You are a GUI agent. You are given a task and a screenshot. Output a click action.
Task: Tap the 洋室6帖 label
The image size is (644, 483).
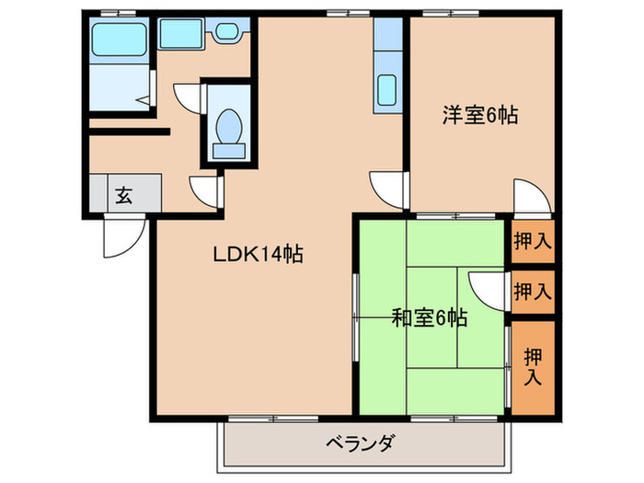(479, 116)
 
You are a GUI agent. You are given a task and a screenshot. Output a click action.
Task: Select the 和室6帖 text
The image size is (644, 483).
(430, 319)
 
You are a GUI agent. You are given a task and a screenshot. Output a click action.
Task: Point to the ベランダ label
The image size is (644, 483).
(361, 443)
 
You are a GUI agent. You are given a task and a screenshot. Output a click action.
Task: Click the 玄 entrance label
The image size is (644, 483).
(122, 194)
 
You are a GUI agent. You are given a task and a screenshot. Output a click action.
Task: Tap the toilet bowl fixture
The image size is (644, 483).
(227, 126)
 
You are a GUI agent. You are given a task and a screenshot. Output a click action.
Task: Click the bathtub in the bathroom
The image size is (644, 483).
(119, 41)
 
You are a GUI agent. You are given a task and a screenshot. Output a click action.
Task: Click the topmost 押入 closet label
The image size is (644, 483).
(533, 243)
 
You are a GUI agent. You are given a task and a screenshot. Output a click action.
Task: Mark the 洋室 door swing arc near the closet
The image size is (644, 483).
(528, 195)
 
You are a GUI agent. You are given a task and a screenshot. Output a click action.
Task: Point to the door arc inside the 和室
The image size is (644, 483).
(484, 289)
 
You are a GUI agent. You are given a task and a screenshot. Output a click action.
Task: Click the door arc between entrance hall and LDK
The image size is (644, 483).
(204, 190)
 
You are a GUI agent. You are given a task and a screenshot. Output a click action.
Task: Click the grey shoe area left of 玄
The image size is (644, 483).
(98, 194)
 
